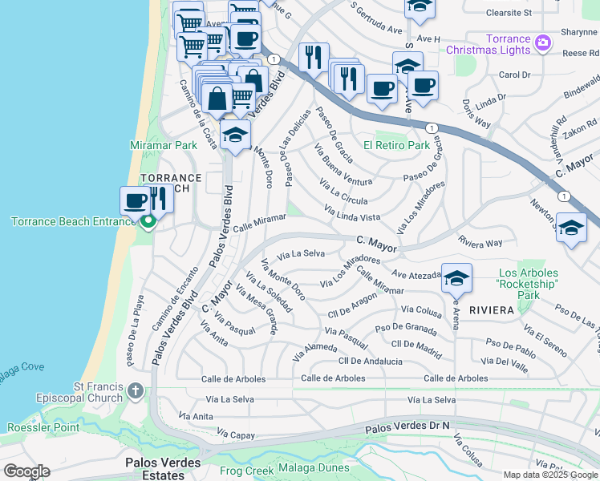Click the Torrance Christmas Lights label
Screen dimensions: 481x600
point(508,44)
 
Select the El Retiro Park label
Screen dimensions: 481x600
point(396,146)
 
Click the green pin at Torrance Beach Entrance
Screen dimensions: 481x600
point(147,221)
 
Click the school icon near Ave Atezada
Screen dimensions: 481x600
point(456,279)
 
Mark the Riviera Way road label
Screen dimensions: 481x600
point(480,241)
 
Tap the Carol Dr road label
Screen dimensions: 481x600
point(514,75)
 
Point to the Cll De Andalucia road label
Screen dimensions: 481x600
point(370,362)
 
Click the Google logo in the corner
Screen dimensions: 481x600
point(26,471)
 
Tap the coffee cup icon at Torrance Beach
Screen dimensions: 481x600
point(135,200)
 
